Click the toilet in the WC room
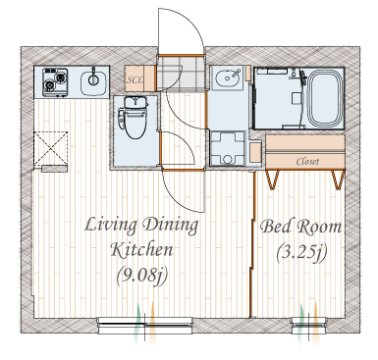click(x=134, y=118)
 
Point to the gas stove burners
click(x=55, y=81)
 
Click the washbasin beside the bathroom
click(x=227, y=77)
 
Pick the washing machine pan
click(x=228, y=148)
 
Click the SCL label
click(x=135, y=80)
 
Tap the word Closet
click(x=307, y=161)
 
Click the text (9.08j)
click(x=142, y=276)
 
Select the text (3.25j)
click(x=301, y=253)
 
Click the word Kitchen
click(x=141, y=250)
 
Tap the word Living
click(x=111, y=226)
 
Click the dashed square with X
click(x=51, y=148)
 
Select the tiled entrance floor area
click(x=181, y=73)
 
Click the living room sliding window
click(x=144, y=325)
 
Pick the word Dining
click(x=170, y=226)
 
